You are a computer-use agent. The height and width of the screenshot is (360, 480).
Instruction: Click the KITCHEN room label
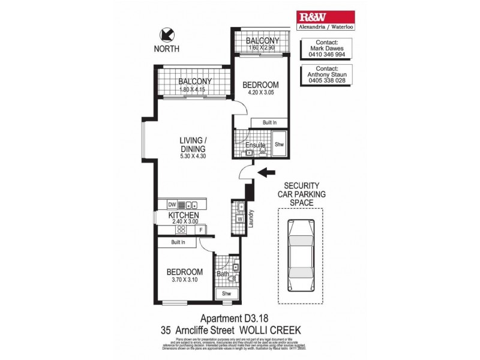pyautogui.click(x=184, y=215)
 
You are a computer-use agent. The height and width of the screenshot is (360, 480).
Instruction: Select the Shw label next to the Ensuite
pyautogui.click(x=279, y=145)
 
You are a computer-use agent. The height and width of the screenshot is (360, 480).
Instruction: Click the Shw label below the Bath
pyautogui.click(x=226, y=293)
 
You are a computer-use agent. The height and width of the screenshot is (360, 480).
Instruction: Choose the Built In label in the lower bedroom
pyautogui.click(x=178, y=242)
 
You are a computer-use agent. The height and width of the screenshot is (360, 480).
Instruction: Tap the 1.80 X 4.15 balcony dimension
pyautogui.click(x=194, y=90)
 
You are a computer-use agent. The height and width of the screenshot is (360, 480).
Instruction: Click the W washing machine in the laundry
pyautogui.click(x=239, y=218)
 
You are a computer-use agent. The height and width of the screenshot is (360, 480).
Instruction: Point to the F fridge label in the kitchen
pyautogui.click(x=200, y=229)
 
